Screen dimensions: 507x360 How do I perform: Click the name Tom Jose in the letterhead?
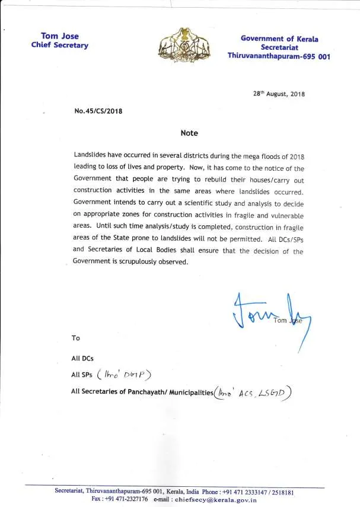click(59, 36)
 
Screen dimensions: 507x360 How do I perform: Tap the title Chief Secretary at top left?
click(59, 46)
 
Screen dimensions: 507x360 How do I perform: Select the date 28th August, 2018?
click(279, 94)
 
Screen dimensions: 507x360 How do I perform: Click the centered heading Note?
click(189, 133)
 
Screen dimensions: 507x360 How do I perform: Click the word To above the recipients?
click(75, 337)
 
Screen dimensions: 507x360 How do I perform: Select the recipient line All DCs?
click(82, 359)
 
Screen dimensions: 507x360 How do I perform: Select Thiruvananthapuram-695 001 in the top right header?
click(279, 56)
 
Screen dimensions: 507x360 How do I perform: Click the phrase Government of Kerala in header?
click(279, 39)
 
